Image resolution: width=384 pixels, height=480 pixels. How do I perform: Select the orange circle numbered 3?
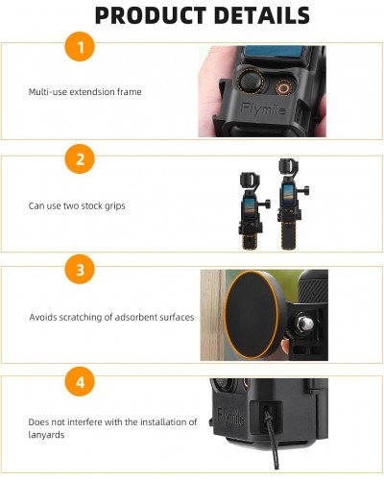tap(80, 272)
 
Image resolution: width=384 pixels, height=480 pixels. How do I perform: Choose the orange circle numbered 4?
tap(80, 383)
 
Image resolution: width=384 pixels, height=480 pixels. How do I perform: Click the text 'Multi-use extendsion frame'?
tap(84, 93)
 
